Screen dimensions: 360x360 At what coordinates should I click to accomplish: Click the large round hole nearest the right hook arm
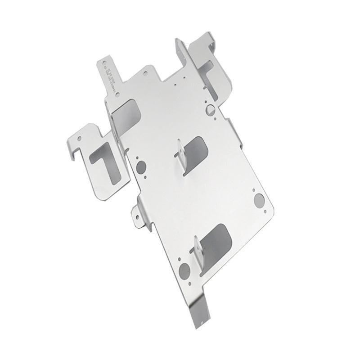[210, 109]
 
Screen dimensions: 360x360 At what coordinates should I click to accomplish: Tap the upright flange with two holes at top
[180, 52]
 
